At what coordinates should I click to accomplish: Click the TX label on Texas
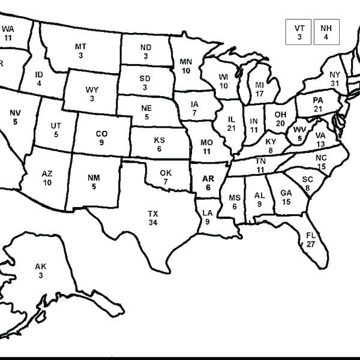tap(153, 214)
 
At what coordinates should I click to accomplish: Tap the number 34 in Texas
tap(153, 223)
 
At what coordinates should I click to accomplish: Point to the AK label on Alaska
tap(40, 266)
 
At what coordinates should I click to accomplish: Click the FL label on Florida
tap(311, 235)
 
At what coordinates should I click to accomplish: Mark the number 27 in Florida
tap(311, 244)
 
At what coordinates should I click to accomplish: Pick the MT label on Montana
tap(80, 47)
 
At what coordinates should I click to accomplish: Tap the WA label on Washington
tap(8, 28)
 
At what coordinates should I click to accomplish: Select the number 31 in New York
tap(335, 83)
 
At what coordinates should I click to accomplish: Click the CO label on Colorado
tap(101, 134)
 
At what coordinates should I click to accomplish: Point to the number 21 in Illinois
tap(232, 128)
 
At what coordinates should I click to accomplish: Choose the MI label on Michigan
tap(259, 85)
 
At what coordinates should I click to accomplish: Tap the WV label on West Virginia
tap(299, 130)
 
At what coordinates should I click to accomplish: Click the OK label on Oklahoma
tap(166, 173)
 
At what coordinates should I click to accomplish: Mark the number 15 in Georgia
tap(286, 202)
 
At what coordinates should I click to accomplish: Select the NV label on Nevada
tap(15, 113)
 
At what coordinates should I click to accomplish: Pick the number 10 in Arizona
tap(47, 182)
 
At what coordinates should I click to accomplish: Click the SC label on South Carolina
tap(308, 179)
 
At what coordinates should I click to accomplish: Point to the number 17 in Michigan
tap(259, 94)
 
